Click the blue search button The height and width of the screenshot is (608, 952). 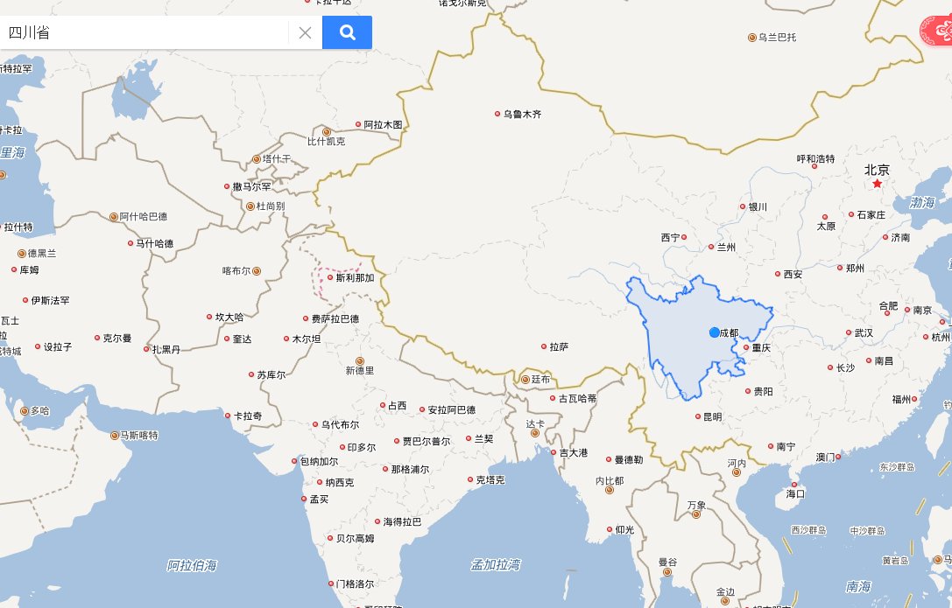coord(347,32)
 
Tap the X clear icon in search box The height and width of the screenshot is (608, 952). coord(305,33)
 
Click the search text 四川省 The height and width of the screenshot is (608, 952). coord(30,33)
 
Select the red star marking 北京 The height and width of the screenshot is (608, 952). coord(877,184)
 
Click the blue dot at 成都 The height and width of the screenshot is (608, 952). coord(715,332)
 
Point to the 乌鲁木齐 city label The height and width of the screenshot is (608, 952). coord(522,114)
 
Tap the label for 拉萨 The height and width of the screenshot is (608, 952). coord(559,346)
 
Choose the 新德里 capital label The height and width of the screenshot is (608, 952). coord(360,370)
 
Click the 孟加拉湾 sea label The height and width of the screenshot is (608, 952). coord(496,563)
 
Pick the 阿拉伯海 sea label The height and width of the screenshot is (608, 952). coord(192,566)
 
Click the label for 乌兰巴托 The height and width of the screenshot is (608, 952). coord(778,37)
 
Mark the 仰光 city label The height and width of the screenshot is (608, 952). coord(624,529)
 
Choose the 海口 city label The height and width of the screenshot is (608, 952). coord(795,493)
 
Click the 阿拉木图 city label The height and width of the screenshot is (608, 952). coord(383,124)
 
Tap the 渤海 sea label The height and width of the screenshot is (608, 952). coord(922,202)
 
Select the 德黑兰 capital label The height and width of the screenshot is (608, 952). coord(42,253)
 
